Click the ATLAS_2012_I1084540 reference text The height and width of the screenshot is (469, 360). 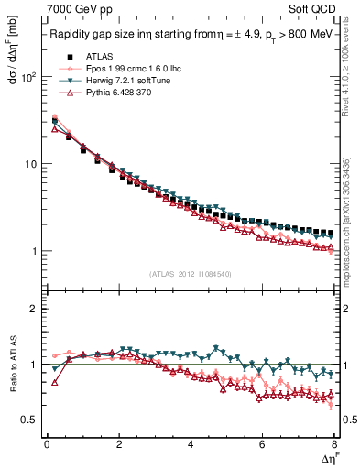pos(191,274)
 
